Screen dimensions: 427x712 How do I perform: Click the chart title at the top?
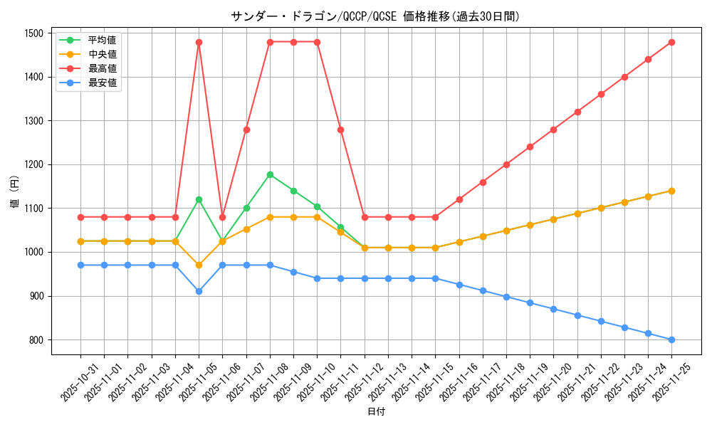[x=375, y=16]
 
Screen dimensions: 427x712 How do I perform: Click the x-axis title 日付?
[x=375, y=412]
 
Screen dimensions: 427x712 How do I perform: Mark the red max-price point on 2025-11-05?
[x=199, y=42]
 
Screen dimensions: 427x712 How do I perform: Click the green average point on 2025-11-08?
[x=270, y=174]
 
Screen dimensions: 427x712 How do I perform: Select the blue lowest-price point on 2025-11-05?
[x=199, y=291]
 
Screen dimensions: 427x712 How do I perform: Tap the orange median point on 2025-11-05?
[x=199, y=265]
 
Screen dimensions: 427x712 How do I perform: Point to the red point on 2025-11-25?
[x=671, y=42]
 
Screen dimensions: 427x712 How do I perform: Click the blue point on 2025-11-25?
[x=671, y=339]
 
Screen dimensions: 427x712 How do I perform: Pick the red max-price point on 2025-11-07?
[x=246, y=130]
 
